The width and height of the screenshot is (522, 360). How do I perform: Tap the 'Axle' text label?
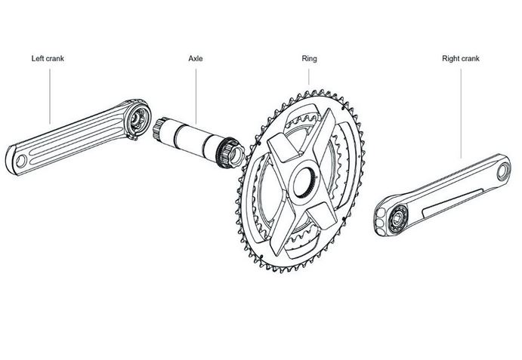tap(196, 57)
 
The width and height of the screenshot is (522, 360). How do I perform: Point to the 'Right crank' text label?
tap(460, 57)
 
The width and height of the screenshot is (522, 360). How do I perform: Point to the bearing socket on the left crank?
tap(137, 118)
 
